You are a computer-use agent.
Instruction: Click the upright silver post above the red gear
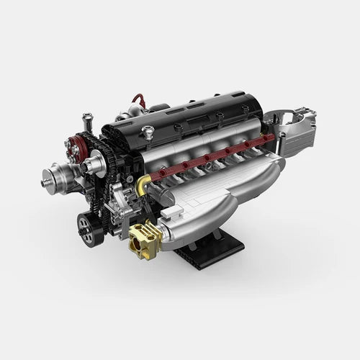tap(88, 120)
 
